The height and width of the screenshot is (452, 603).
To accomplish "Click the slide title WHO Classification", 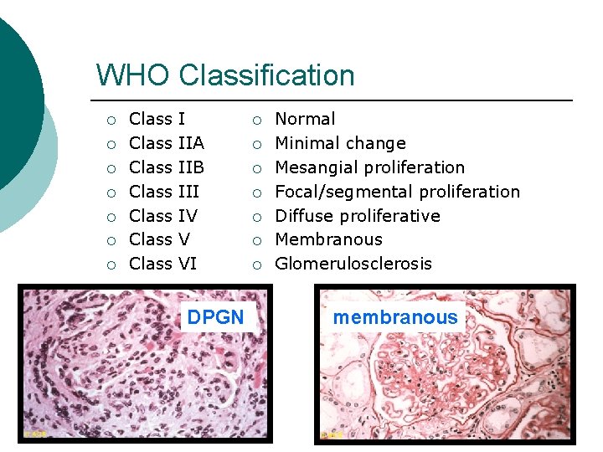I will pos(225,75).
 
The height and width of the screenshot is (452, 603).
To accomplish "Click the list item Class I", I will pos(157,120).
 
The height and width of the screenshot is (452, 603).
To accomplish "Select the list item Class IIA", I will pos(167,143).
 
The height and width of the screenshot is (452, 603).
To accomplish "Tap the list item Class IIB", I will pos(167,167).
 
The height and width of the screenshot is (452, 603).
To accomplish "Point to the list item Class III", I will pos(164,192).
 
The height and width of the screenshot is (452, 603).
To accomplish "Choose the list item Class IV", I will pos(163,216).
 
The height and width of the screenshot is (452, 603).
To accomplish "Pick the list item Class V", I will pos(159,239).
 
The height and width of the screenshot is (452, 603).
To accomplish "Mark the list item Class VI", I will pos(163,264).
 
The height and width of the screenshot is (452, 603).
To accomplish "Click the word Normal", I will pos(305,120).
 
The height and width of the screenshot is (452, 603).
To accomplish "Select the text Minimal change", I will pos(340,143).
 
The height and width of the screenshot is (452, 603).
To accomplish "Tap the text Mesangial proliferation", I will pos(369,167).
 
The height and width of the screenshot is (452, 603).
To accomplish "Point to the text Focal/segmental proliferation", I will pos(397,192).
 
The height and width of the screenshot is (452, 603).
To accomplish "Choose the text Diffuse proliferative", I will pos(358,216).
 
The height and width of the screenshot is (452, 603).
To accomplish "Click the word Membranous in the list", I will pos(328,239).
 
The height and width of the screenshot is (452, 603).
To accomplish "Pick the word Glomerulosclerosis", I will pos(353,264).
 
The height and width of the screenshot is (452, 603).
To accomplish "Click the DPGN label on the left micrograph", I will pos(215,317).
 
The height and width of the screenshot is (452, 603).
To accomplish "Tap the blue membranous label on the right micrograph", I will pos(395,317).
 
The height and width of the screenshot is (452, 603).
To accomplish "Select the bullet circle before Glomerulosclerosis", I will pos(258,265).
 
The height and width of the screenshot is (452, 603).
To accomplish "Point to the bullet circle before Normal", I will pos(258,121).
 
